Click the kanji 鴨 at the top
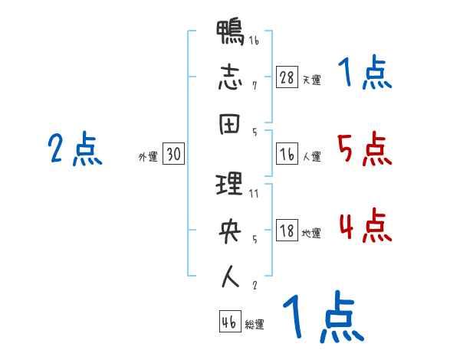pos(231,34)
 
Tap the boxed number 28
pos(287,77)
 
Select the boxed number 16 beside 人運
pos(287,154)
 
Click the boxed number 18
pos(287,231)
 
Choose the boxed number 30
pos(173,154)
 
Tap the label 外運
pos(148,156)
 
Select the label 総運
pos(255,323)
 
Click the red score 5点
pos(364,149)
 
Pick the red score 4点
pos(364,226)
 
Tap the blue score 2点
pos(75,149)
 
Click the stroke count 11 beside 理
pos(254,195)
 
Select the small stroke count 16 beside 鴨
pos(254,41)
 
